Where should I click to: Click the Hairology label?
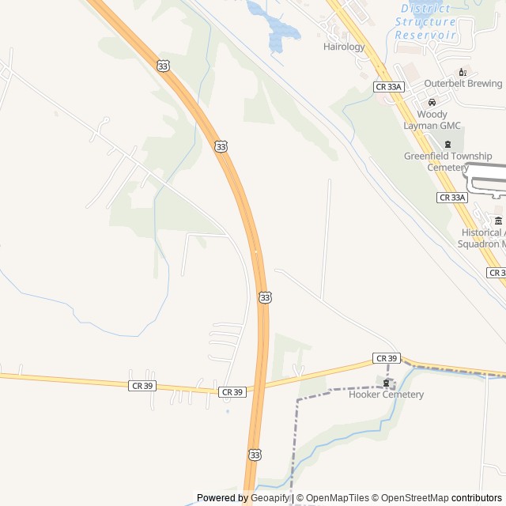(x=344, y=47)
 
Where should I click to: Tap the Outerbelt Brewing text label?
(x=463, y=83)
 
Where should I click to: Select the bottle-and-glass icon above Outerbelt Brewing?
(x=463, y=72)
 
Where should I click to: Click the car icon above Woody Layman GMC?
(x=432, y=103)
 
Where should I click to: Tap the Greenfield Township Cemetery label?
(x=447, y=161)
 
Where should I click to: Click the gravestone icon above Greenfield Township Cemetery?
(x=448, y=144)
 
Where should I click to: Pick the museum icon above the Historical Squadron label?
(x=498, y=221)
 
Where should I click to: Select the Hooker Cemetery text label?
(x=386, y=395)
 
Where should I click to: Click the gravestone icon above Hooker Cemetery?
(x=387, y=383)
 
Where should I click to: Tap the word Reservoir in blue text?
(x=425, y=36)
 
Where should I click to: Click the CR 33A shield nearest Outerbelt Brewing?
(x=389, y=87)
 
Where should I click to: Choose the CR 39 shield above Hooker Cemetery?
(x=387, y=358)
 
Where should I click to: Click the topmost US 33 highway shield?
(x=162, y=66)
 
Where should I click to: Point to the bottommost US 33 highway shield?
(x=254, y=455)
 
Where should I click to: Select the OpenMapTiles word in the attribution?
(x=337, y=498)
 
